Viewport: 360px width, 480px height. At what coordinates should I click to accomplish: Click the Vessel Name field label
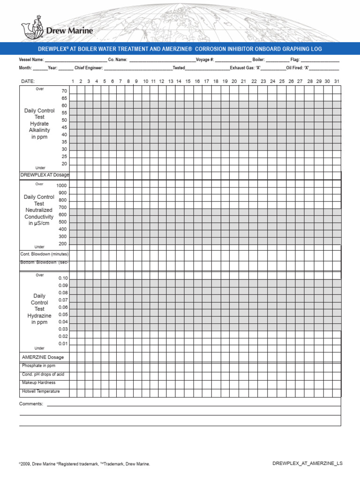pyautogui.click(x=31, y=60)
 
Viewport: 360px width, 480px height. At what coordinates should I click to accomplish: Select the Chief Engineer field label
pyautogui.click(x=89, y=68)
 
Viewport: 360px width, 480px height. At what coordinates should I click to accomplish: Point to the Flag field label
pyautogui.click(x=295, y=60)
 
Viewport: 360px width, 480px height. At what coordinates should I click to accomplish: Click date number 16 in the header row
pyautogui.click(x=197, y=82)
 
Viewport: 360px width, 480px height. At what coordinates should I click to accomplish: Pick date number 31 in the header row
pyautogui.click(x=337, y=82)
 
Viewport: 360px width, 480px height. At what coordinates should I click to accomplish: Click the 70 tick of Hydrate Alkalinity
pyautogui.click(x=64, y=91)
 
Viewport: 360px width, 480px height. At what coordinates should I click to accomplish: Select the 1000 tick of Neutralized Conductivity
pyautogui.click(x=62, y=186)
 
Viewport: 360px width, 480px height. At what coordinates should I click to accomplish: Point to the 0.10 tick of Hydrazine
pyautogui.click(x=63, y=278)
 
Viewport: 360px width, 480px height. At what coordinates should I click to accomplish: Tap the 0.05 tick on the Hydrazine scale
pyautogui.click(x=63, y=315)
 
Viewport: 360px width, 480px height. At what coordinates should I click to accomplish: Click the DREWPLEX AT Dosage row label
pyautogui.click(x=45, y=175)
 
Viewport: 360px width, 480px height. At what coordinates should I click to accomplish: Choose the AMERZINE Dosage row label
pyautogui.click(x=43, y=357)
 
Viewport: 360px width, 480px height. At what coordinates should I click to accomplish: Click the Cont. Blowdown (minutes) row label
pyautogui.click(x=45, y=254)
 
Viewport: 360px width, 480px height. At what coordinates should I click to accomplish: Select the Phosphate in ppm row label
pyautogui.click(x=38, y=366)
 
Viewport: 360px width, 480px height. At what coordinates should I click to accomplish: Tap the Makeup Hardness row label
pyautogui.click(x=38, y=383)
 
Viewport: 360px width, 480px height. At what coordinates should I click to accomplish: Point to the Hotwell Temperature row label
pyautogui.click(x=41, y=391)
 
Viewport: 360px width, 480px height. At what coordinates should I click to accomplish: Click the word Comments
pyautogui.click(x=31, y=404)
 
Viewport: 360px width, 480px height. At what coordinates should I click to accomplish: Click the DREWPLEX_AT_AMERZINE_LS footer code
pyautogui.click(x=307, y=463)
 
